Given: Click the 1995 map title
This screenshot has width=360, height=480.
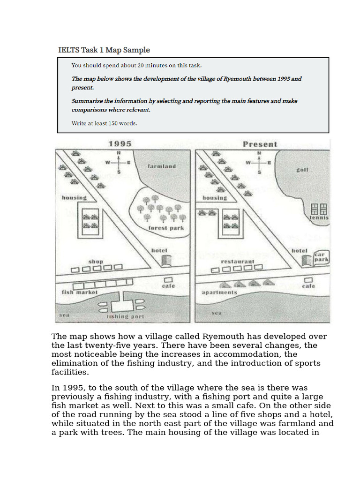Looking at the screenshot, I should tap(120, 144).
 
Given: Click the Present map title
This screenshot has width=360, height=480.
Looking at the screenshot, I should tap(260, 144).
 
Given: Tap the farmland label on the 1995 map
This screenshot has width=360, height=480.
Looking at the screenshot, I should tap(162, 166).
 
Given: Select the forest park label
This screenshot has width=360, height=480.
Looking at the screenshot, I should tap(165, 228).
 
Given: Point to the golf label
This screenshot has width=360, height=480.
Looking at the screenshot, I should tap(302, 170).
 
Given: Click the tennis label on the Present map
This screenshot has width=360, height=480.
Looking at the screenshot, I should tap(319, 218).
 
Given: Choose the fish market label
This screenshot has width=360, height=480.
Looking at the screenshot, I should tap(80, 292).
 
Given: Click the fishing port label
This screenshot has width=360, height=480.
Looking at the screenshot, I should tap(126, 316).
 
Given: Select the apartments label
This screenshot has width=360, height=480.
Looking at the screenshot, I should tap(219, 292).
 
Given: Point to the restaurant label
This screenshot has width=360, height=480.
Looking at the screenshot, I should tap(238, 262).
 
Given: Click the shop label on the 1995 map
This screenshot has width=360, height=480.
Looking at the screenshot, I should tap(96, 261).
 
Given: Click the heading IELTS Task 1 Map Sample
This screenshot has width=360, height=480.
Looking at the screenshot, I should tap(104, 50).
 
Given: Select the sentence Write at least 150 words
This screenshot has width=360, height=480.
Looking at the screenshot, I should tap(104, 124).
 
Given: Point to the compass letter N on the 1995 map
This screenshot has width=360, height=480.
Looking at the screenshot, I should tap(118, 153).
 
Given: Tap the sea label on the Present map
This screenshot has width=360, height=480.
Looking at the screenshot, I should tap(216, 313).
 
